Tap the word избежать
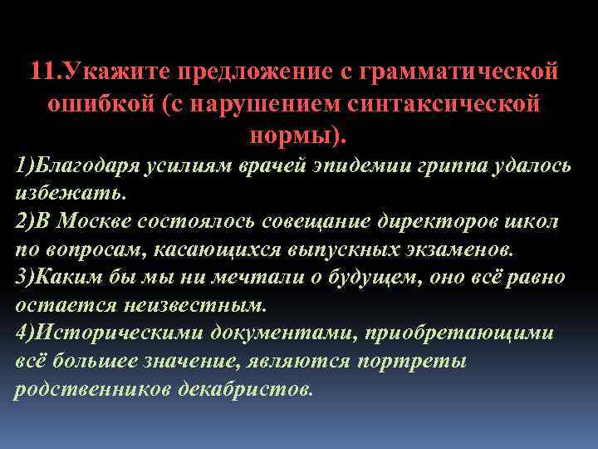click(x=70, y=193)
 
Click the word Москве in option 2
click(x=99, y=222)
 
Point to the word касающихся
click(x=194, y=249)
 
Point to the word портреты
click(x=414, y=362)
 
